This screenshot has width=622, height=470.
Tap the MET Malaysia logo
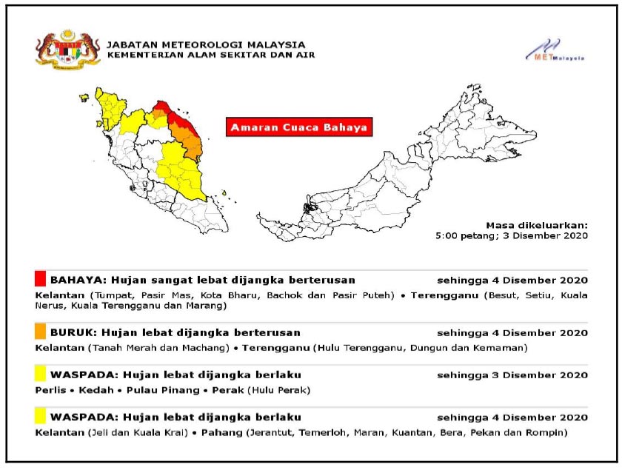(555, 50)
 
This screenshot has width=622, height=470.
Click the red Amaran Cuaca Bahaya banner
(298, 127)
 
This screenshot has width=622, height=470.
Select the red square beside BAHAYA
(40, 280)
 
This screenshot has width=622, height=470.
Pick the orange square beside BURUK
(40, 332)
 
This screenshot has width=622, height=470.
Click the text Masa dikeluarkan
(537, 225)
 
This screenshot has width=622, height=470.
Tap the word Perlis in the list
(49, 389)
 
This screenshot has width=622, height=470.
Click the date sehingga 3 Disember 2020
(512, 375)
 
